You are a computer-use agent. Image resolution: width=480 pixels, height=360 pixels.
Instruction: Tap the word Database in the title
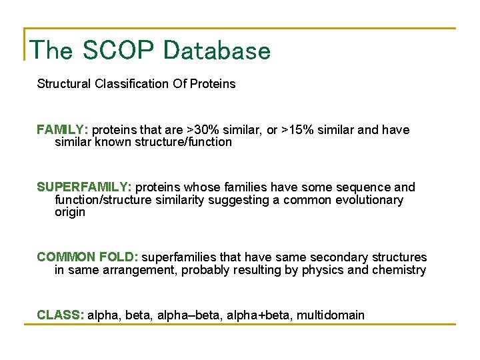(x=217, y=51)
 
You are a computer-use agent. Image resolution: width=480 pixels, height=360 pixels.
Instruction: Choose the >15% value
(x=300, y=130)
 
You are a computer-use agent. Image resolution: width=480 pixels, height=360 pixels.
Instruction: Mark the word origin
(x=70, y=212)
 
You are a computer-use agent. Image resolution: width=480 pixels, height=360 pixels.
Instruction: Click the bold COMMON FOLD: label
(x=87, y=257)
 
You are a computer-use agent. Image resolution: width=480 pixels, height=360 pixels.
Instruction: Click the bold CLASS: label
(x=60, y=315)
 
